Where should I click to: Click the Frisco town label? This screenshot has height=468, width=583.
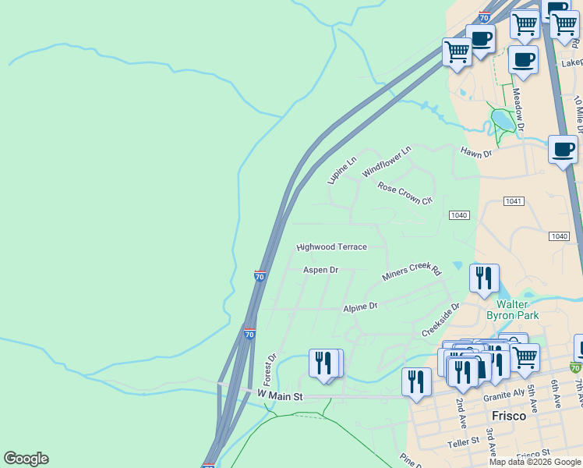tap(508, 416)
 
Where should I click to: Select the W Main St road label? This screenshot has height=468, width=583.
tap(279, 396)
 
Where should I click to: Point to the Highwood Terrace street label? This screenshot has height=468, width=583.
tap(331, 246)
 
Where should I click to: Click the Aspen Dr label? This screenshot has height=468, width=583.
tap(320, 270)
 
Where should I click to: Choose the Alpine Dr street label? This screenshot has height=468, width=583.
tap(360, 307)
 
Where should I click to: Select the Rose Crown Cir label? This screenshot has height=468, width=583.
tap(405, 193)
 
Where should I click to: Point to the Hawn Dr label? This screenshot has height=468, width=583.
tap(476, 153)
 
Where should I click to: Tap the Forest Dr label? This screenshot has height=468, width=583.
tap(270, 370)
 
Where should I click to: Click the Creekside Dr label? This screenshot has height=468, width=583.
tap(441, 320)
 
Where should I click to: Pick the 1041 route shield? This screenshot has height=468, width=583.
tap(513, 201)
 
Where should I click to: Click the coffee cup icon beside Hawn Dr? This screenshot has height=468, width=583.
tap(562, 148)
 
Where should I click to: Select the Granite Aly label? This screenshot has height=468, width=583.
tap(503, 396)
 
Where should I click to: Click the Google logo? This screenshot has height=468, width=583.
tap(26, 459)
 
